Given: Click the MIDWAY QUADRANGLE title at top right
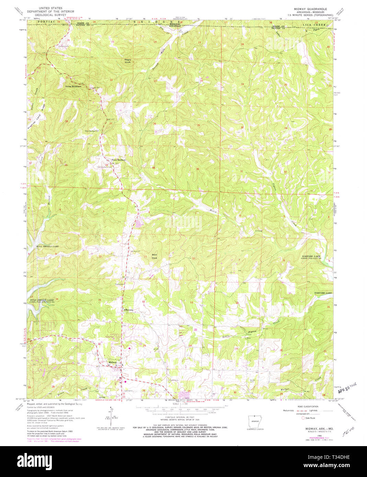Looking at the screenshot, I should [310, 9].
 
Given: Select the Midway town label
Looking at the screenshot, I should [113, 362].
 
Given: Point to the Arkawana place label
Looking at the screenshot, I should [128, 310].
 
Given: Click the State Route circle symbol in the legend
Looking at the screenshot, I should [303, 418].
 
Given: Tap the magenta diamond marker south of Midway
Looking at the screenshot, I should [125, 381].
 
